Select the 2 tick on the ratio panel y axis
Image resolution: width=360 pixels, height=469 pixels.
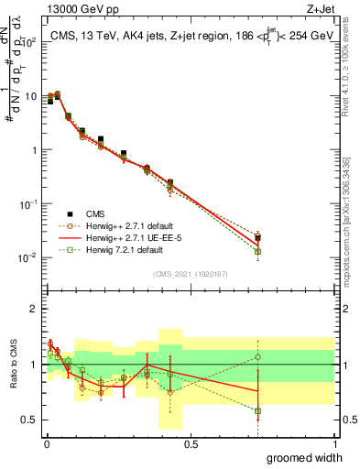(32, 309)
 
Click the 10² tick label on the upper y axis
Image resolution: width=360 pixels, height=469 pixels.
(27, 42)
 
